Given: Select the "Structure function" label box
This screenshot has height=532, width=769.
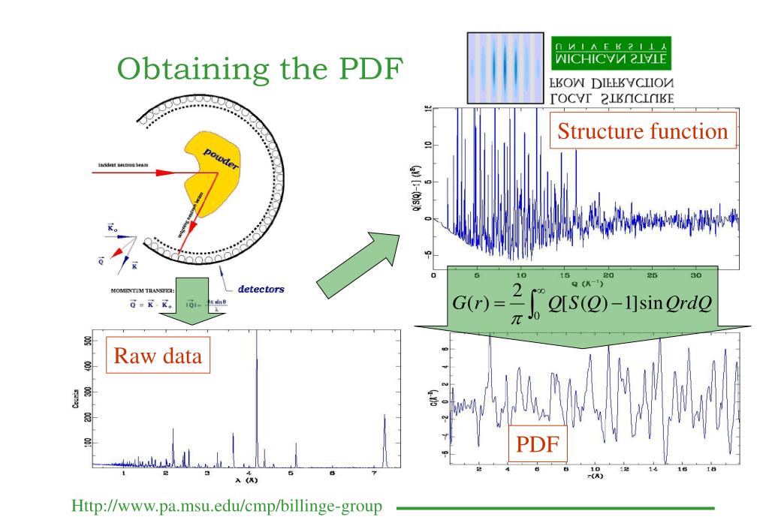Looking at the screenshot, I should pos(641,132).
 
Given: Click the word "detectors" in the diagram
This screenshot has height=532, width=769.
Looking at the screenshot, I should pos(261,289).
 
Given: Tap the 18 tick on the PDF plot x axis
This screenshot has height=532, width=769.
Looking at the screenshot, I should pos(712,470).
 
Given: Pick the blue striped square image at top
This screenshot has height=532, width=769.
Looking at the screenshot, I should pos(505,67).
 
